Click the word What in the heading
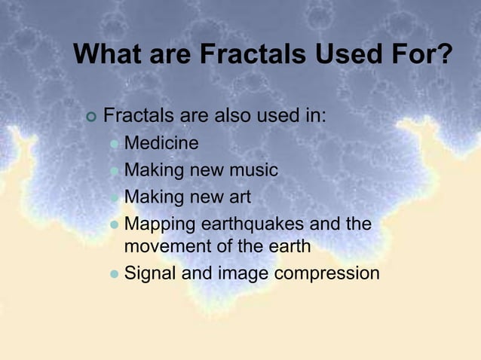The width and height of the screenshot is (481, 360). pyautogui.click(x=109, y=55)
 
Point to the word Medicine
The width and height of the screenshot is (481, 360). pyautogui.click(x=161, y=143)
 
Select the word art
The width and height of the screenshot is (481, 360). pyautogui.click(x=237, y=198)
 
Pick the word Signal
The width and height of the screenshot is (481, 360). pyautogui.click(x=149, y=273)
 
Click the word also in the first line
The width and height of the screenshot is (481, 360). pyautogui.click(x=236, y=117)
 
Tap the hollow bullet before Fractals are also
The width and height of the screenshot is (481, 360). pyautogui.click(x=92, y=117)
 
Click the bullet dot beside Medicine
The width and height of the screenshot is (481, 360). pyautogui.click(x=114, y=144)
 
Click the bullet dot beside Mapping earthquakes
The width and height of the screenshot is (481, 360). pyautogui.click(x=114, y=225)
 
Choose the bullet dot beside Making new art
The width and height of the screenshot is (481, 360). pyautogui.click(x=114, y=198)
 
